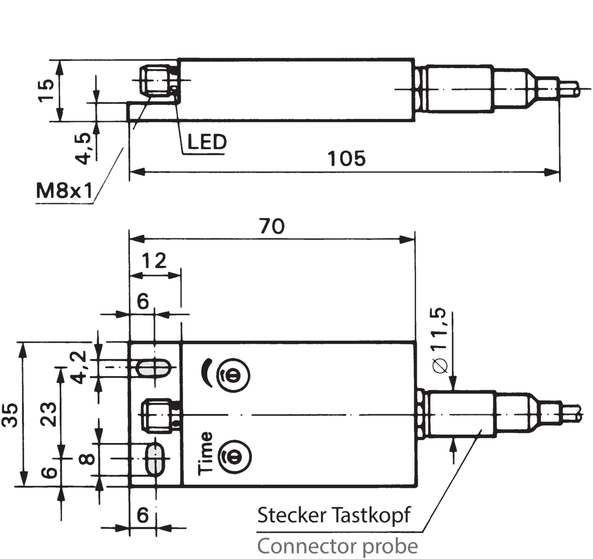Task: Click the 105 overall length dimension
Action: pyautogui.click(x=346, y=159)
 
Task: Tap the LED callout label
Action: pyautogui.click(x=207, y=142)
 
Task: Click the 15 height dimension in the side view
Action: pyautogui.click(x=46, y=92)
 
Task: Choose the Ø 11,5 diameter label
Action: pyautogui.click(x=439, y=340)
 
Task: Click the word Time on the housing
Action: pyautogui.click(x=206, y=453)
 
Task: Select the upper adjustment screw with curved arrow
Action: pyautogui.click(x=232, y=373)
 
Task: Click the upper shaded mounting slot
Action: pyautogui.click(x=153, y=369)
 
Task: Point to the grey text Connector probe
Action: pyautogui.click(x=337, y=546)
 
